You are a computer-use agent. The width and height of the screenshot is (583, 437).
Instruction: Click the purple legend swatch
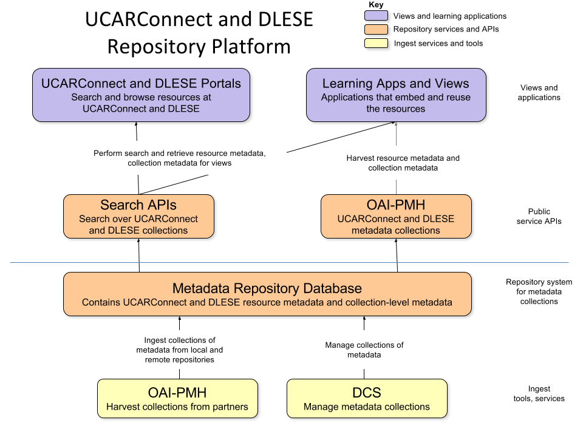376,16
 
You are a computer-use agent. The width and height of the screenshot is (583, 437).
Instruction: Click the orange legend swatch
376,30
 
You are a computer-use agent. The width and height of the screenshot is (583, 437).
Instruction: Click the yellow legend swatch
376,44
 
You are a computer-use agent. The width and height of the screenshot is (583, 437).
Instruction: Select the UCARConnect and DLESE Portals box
141,95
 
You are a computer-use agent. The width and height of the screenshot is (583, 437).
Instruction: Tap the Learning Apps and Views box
396,95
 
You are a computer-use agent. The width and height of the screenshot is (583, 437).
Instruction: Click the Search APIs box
139,217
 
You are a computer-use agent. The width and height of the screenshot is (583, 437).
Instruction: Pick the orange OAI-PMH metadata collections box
396,217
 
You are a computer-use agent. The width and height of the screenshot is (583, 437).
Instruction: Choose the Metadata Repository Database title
267,288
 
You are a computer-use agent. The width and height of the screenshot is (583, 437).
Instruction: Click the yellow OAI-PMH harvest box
178,399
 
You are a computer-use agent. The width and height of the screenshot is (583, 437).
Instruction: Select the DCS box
367,399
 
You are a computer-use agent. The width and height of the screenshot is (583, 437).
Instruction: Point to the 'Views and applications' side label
539,93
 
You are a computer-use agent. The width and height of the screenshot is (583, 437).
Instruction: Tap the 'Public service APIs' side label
539,216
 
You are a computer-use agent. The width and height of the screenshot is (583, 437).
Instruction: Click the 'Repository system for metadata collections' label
539,291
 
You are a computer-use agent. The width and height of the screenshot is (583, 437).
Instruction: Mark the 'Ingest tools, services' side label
539,393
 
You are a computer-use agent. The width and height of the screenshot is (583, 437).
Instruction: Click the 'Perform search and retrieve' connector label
180,158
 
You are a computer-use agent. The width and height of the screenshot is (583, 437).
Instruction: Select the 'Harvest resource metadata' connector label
403,163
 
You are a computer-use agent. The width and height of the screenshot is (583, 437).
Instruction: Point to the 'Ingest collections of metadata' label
180,350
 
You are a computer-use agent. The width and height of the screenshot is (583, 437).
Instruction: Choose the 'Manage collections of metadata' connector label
364,350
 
